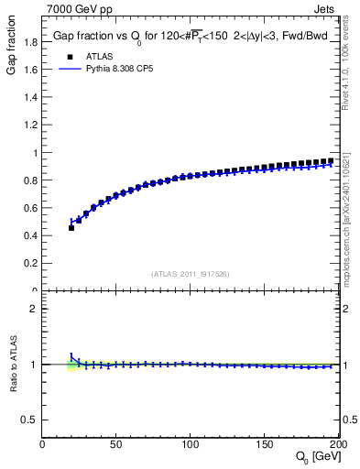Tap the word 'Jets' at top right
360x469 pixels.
[x=324, y=9]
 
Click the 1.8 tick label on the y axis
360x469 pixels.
[x=29, y=42]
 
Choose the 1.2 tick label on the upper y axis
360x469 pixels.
[x=29, y=125]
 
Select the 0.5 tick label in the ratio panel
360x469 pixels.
[x=29, y=420]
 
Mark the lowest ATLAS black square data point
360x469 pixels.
[x=71, y=228]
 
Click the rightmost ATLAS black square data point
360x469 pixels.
[x=330, y=161]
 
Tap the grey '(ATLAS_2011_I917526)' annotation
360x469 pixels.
[x=191, y=274]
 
